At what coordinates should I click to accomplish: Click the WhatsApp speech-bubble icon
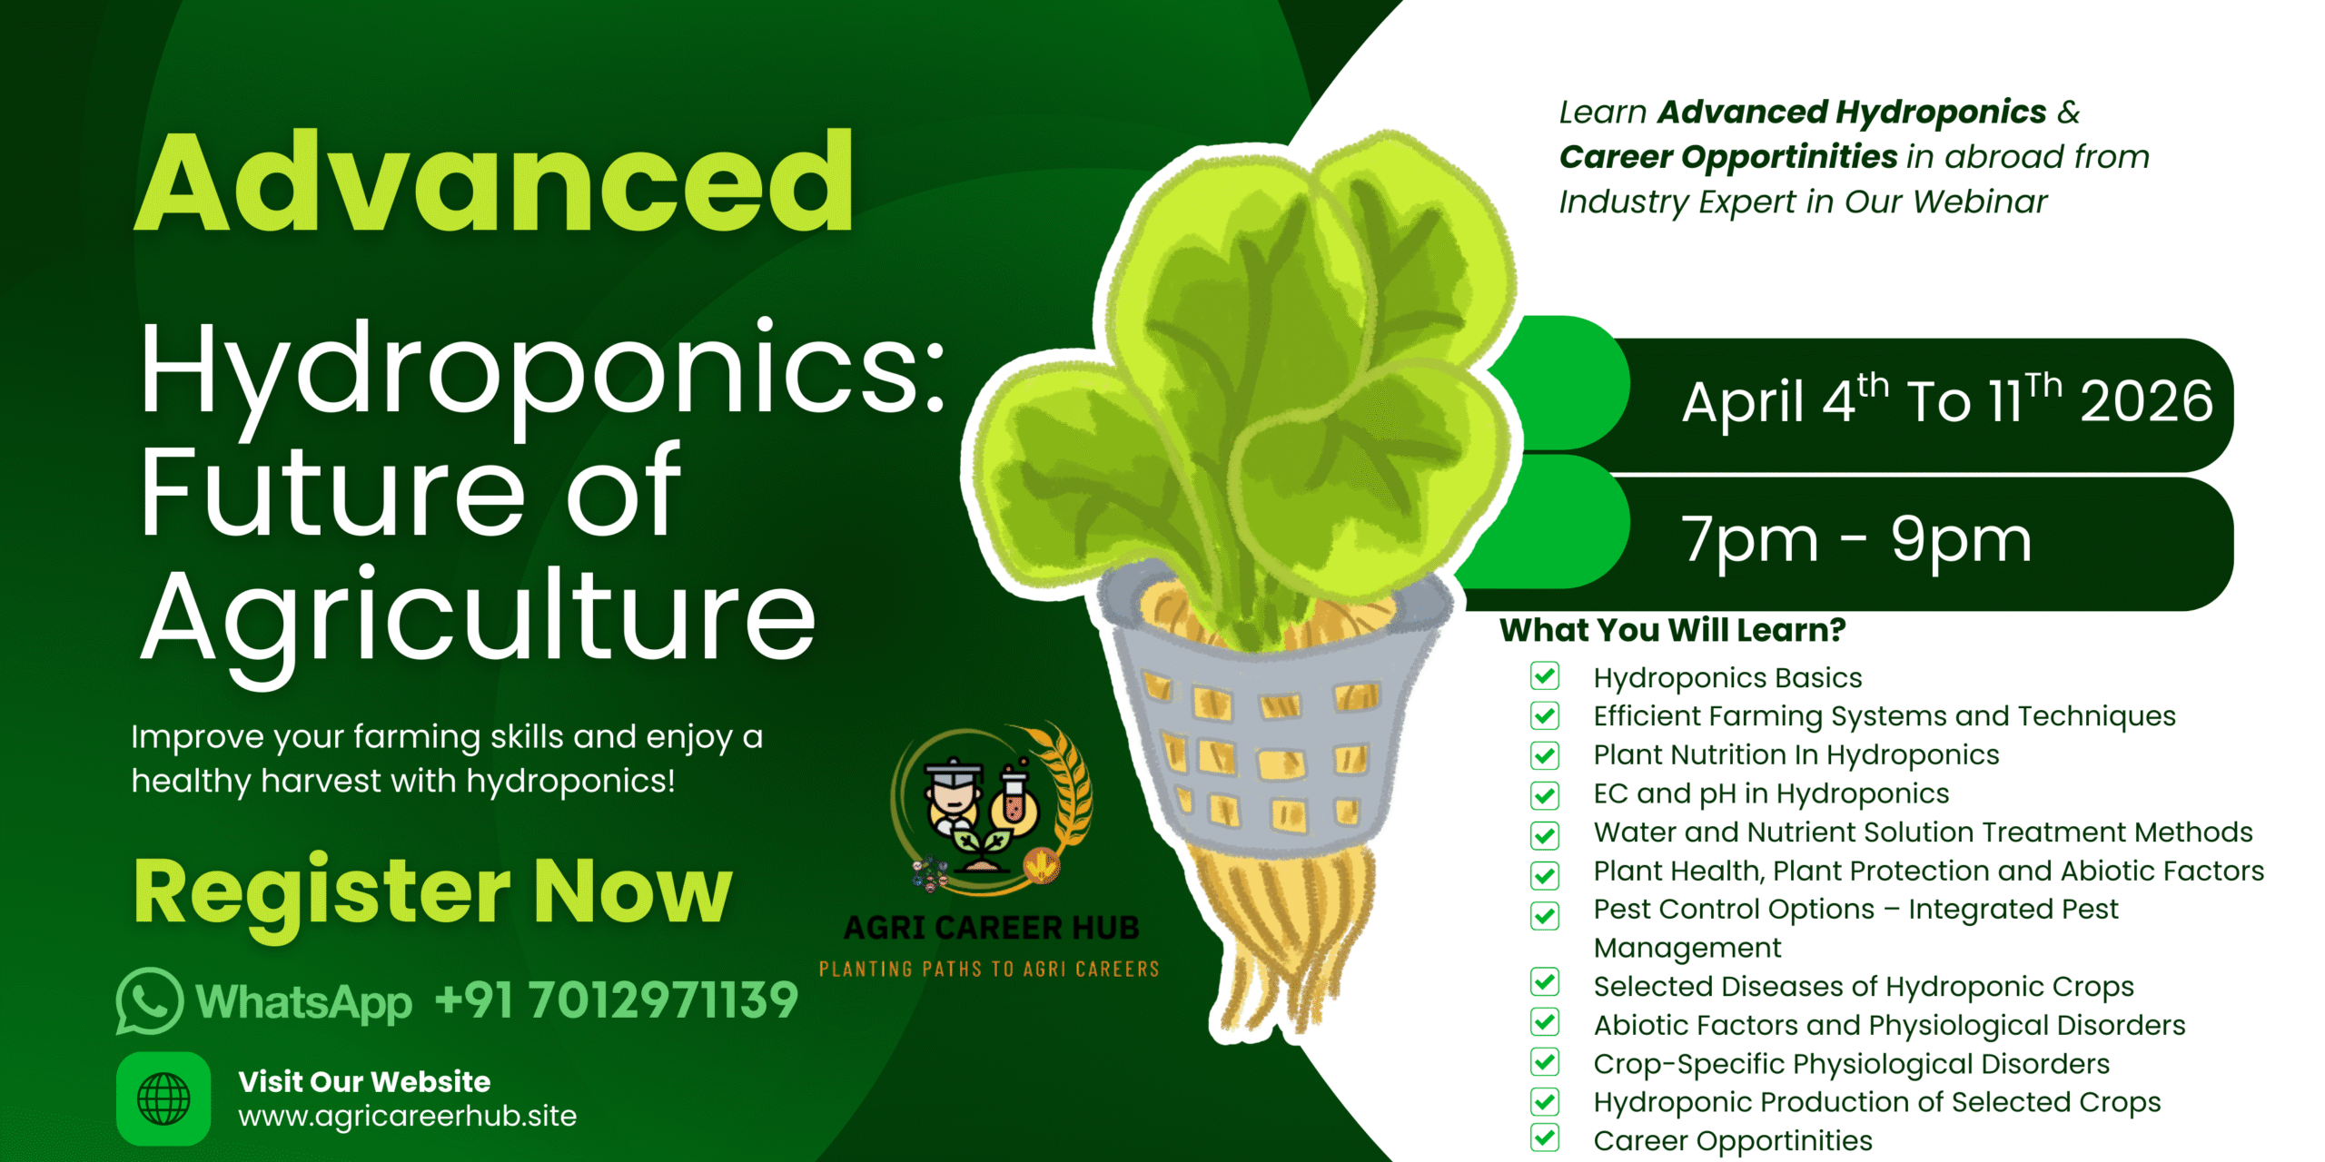(150, 1001)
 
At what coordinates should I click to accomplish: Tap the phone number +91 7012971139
(617, 1000)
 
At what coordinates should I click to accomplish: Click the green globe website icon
(163, 1098)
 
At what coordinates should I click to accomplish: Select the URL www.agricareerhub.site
(408, 1116)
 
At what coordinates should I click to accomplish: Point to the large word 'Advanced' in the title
(494, 182)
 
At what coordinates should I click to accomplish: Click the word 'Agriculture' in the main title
(478, 618)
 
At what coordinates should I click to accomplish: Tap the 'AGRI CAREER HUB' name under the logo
(991, 928)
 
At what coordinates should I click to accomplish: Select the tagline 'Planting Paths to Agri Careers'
(989, 970)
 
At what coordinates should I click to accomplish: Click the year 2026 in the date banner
(2146, 401)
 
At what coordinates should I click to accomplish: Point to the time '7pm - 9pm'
(1856, 540)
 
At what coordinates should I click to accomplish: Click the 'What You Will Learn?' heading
(1672, 630)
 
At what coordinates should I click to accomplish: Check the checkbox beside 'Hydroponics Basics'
(1544, 676)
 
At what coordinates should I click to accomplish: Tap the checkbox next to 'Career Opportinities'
(1544, 1138)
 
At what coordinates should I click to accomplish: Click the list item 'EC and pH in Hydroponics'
(1771, 794)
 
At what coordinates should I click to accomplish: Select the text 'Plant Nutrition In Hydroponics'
(1796, 755)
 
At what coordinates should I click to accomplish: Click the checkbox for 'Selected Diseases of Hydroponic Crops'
(1544, 982)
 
